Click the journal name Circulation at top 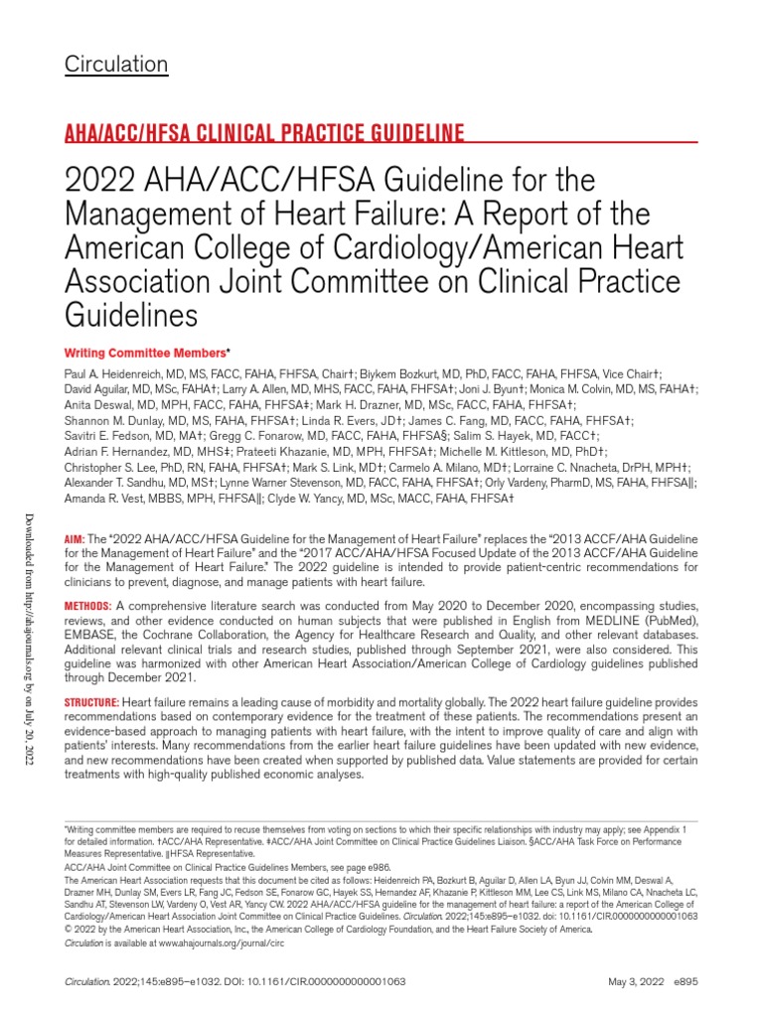click(116, 65)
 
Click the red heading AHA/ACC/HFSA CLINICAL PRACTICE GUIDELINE click(264, 133)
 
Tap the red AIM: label click(76, 537)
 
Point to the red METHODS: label click(88, 606)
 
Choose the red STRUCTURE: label click(92, 702)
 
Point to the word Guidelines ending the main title click(131, 316)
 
